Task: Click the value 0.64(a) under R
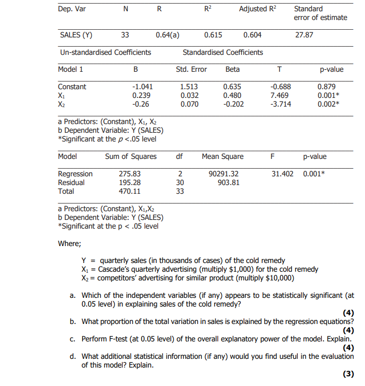[x=167, y=35]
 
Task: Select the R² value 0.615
[x=213, y=35]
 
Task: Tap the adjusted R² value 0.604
[x=252, y=35]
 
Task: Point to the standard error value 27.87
[x=303, y=35]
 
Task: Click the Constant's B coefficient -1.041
[x=142, y=87]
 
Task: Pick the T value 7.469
[x=279, y=95]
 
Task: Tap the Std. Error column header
[x=191, y=69]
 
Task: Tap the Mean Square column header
[x=223, y=156]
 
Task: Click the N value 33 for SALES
[x=125, y=35]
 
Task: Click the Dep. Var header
[x=69, y=9]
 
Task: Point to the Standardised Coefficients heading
[x=223, y=52]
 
